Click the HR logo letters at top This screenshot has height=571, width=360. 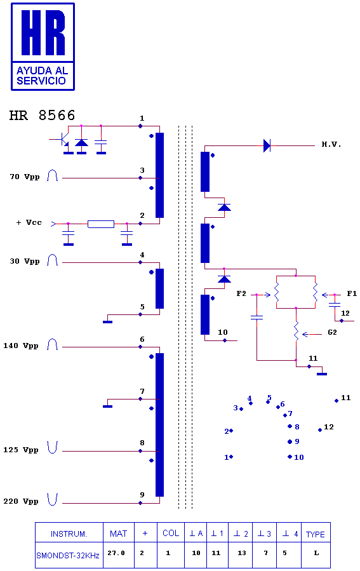click(43, 33)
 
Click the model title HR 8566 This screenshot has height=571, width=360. click(43, 116)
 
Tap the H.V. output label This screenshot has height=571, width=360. click(331, 145)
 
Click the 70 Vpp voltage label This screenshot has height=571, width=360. click(25, 177)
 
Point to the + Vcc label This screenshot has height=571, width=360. click(29, 222)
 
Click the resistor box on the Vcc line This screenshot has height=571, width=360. click(101, 224)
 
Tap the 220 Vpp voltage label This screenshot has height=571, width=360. click(21, 501)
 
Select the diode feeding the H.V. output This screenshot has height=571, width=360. click(267, 145)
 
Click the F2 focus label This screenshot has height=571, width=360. click(241, 293)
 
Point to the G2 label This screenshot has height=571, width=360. click(332, 332)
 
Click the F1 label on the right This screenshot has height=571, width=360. click(352, 293)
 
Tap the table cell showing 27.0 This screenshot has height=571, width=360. click(116, 553)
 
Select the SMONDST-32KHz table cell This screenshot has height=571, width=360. click(68, 556)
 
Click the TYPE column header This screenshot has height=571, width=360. click(315, 534)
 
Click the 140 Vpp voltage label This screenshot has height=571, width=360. click(21, 346)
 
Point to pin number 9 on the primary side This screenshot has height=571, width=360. click(142, 495)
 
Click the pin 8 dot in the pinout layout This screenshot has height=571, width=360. click(290, 426)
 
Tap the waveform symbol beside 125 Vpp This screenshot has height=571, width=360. click(53, 448)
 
